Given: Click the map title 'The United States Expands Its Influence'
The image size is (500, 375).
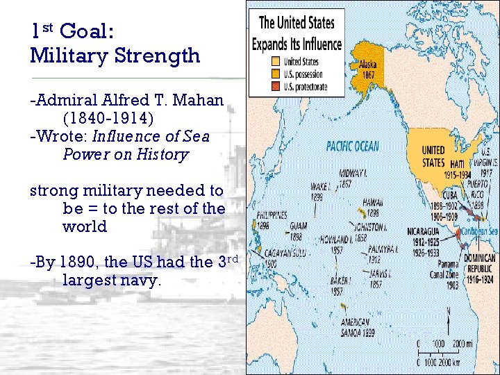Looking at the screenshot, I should pos(297,33).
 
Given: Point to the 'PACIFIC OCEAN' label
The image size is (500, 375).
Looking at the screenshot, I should pos(353,146).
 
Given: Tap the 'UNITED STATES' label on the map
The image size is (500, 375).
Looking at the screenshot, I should pos(433,156).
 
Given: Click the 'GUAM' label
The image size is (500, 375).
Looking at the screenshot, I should pos(298,226).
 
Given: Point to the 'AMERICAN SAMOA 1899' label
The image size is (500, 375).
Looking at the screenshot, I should pos(358,326).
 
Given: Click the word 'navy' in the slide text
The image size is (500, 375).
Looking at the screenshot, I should pos(142,280).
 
